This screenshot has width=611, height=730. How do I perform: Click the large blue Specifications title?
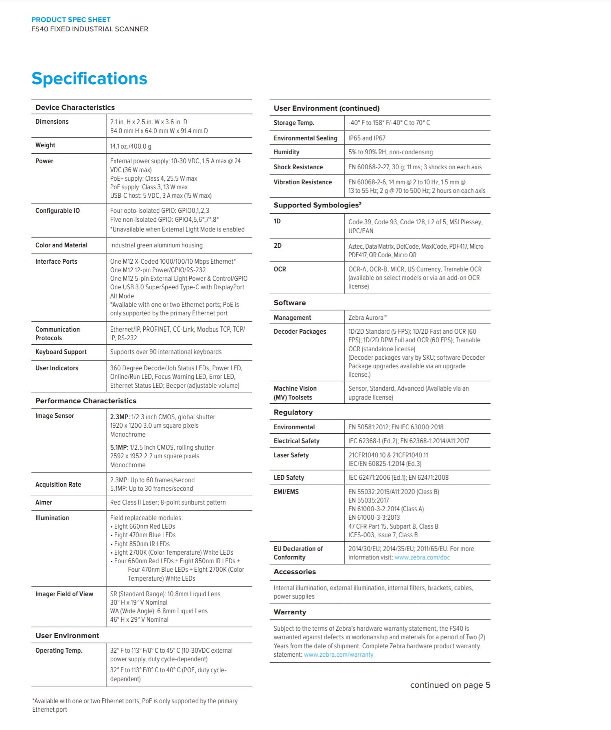(x=89, y=79)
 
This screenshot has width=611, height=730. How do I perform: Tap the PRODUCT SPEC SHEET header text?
(x=71, y=20)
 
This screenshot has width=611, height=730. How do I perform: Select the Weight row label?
(x=45, y=145)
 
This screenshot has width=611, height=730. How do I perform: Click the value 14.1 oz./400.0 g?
(x=131, y=146)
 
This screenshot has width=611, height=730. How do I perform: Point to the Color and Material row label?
(x=61, y=245)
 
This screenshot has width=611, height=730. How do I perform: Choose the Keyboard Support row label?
(x=61, y=352)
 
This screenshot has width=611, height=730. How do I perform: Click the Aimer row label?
(x=44, y=503)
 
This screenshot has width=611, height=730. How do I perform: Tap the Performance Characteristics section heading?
(x=86, y=401)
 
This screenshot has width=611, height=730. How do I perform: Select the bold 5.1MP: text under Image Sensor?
(x=119, y=448)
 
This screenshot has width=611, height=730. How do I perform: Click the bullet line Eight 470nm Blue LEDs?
(x=145, y=535)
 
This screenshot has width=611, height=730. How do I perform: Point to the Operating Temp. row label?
(x=59, y=651)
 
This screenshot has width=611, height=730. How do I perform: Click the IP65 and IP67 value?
(x=367, y=138)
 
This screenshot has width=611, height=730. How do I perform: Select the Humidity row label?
(x=286, y=152)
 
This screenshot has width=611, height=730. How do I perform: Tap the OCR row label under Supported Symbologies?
(x=280, y=269)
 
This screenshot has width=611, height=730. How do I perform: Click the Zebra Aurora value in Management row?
(x=367, y=318)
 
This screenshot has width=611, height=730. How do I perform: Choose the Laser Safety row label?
(x=291, y=455)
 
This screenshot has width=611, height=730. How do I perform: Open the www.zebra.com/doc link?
(x=422, y=557)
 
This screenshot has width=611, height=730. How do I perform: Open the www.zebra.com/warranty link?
(x=338, y=655)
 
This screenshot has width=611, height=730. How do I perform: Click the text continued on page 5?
(x=450, y=685)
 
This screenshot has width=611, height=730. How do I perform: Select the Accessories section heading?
(x=295, y=572)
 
